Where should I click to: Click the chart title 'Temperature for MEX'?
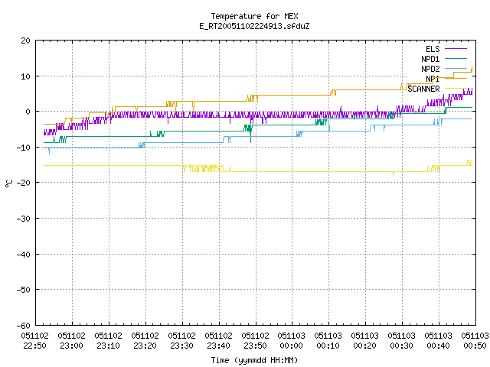(x=254, y=16)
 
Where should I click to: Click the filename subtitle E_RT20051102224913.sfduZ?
(x=254, y=26)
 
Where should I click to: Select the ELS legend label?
(x=433, y=49)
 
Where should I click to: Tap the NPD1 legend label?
(x=430, y=59)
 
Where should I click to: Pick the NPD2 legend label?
(x=430, y=69)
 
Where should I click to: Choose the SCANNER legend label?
(x=423, y=89)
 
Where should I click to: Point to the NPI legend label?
(x=433, y=79)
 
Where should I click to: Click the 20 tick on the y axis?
(x=25, y=41)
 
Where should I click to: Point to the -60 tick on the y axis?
(x=24, y=326)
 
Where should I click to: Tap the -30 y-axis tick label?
(x=24, y=219)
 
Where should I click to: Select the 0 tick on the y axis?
(x=28, y=112)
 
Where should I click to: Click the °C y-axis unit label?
(x=8, y=183)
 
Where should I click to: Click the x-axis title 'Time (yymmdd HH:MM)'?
(x=254, y=360)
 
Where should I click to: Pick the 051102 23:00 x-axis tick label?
(x=71, y=341)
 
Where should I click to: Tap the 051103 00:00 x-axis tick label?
(x=292, y=341)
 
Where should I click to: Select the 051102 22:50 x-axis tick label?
(x=35, y=341)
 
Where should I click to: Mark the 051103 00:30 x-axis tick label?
(x=401, y=341)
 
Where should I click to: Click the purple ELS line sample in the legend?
(x=456, y=49)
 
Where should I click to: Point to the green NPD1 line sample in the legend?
(x=456, y=58)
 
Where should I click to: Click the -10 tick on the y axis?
(x=24, y=148)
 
